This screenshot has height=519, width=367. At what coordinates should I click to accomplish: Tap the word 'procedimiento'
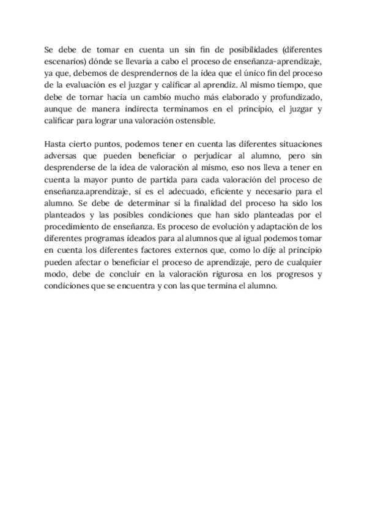[x=72, y=226]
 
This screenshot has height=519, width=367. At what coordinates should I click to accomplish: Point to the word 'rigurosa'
[x=214, y=274]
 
